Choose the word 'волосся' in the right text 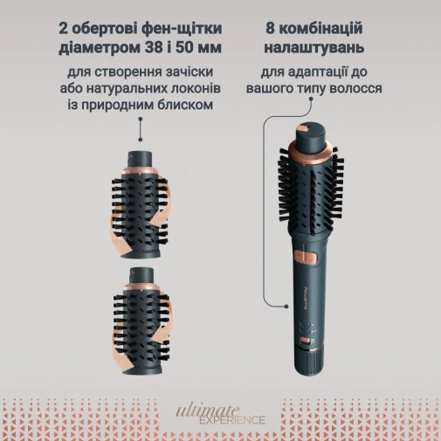(355, 87)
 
